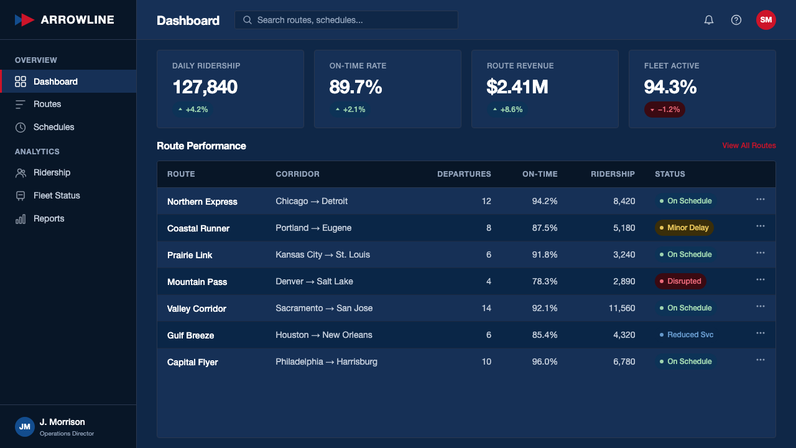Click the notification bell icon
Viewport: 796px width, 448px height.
[708, 20]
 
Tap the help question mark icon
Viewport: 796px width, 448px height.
[736, 20]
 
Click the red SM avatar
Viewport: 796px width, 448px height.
[766, 20]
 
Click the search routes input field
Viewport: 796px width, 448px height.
[346, 20]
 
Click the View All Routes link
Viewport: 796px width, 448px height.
[749, 146]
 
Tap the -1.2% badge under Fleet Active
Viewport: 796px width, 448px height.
[665, 110]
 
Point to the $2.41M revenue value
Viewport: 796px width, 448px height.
[517, 86]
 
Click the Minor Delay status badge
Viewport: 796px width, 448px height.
[684, 228]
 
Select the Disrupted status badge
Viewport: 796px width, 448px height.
[680, 281]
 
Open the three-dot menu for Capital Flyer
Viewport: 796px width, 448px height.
[761, 360]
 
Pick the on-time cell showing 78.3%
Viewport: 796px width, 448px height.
[544, 281]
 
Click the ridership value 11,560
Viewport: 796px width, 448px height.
[622, 308]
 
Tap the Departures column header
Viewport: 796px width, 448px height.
[464, 174]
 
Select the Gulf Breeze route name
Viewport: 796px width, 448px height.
[190, 335]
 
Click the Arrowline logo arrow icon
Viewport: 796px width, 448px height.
[24, 20]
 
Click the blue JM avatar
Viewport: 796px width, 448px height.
[24, 427]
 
